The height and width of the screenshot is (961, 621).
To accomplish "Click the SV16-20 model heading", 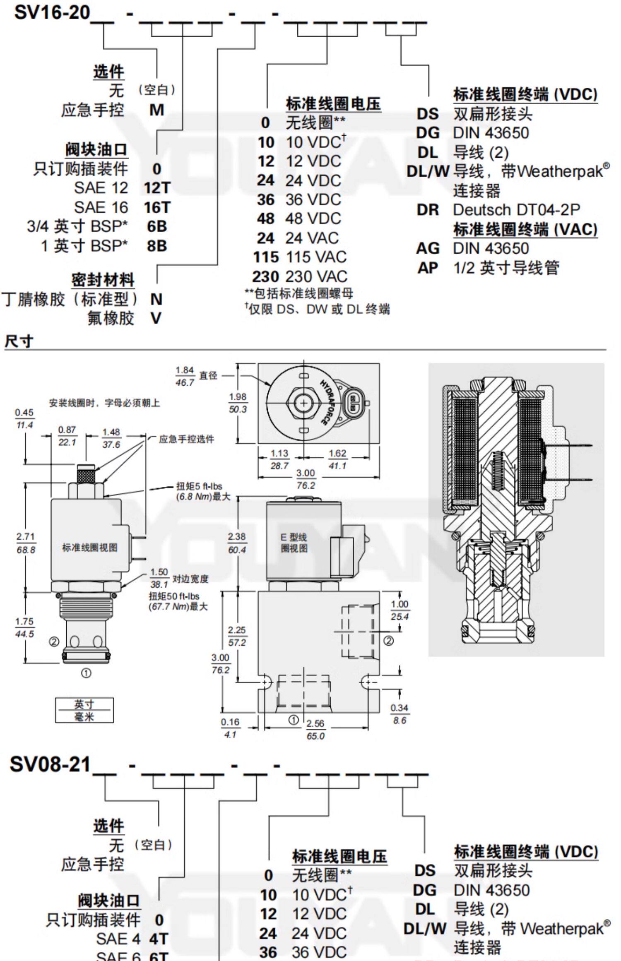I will tap(52, 12).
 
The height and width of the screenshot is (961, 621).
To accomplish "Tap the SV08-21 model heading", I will tap(50, 764).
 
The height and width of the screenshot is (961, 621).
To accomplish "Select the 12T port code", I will tap(157, 188).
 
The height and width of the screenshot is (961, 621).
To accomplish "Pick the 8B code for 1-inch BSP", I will tap(157, 246).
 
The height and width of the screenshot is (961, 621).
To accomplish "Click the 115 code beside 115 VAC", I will tap(266, 257).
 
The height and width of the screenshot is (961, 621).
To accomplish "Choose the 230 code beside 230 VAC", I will tap(266, 276).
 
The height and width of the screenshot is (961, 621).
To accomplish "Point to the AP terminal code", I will tap(428, 268).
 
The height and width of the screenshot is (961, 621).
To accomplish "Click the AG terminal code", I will tap(428, 248).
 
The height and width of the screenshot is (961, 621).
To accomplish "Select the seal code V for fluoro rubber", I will tap(156, 318).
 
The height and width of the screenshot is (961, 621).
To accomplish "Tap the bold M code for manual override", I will tap(157, 110).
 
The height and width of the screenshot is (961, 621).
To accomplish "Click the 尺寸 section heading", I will tap(18, 342).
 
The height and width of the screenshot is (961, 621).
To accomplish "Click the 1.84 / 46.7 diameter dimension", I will tap(185, 376).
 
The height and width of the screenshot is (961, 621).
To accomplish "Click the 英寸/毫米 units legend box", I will tap(84, 710).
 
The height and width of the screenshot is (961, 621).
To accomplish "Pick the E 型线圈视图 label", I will tap(294, 543).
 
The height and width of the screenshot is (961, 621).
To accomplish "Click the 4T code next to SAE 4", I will tap(159, 939).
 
